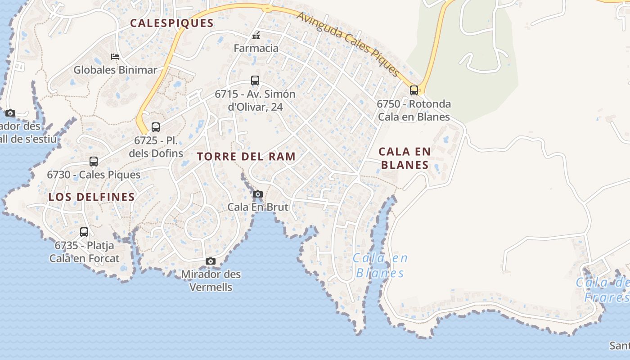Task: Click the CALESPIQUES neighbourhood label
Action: click(x=172, y=23)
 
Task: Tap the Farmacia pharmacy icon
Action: click(x=256, y=36)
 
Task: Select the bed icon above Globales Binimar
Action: click(x=115, y=57)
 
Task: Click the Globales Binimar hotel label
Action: click(x=115, y=70)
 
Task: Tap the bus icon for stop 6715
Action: click(x=255, y=81)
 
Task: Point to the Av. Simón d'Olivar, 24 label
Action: click(x=255, y=100)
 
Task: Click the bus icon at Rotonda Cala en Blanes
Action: click(x=414, y=90)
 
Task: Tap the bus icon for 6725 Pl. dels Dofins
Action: click(x=156, y=127)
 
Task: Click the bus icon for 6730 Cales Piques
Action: click(x=94, y=162)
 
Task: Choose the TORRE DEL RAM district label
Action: click(x=247, y=157)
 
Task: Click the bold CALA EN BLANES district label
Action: click(x=405, y=158)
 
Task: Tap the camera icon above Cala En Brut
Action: click(x=258, y=194)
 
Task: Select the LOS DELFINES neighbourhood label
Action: click(x=92, y=197)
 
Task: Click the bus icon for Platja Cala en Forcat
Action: click(x=84, y=232)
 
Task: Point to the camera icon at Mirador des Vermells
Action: click(x=210, y=261)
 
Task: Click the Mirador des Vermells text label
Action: click(x=211, y=280)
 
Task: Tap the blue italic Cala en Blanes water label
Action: click(x=380, y=265)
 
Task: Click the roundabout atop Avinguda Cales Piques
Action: click(x=267, y=8)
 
